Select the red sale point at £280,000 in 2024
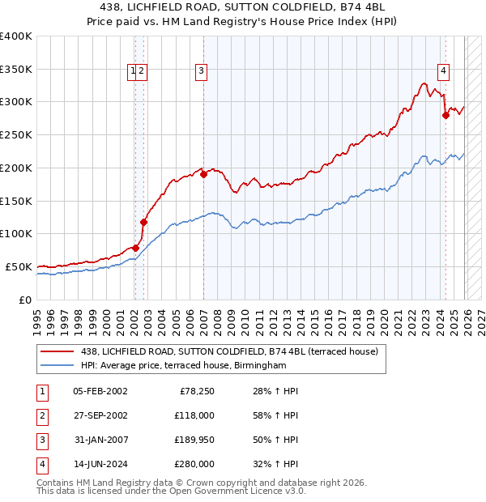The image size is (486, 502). [x=446, y=116]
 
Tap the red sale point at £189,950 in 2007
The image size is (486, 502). [x=203, y=174]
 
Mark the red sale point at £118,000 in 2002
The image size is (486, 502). [x=144, y=221]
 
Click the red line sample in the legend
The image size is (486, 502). [x=58, y=351]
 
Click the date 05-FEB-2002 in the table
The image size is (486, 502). [x=100, y=391]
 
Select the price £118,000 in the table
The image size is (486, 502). [x=195, y=415]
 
